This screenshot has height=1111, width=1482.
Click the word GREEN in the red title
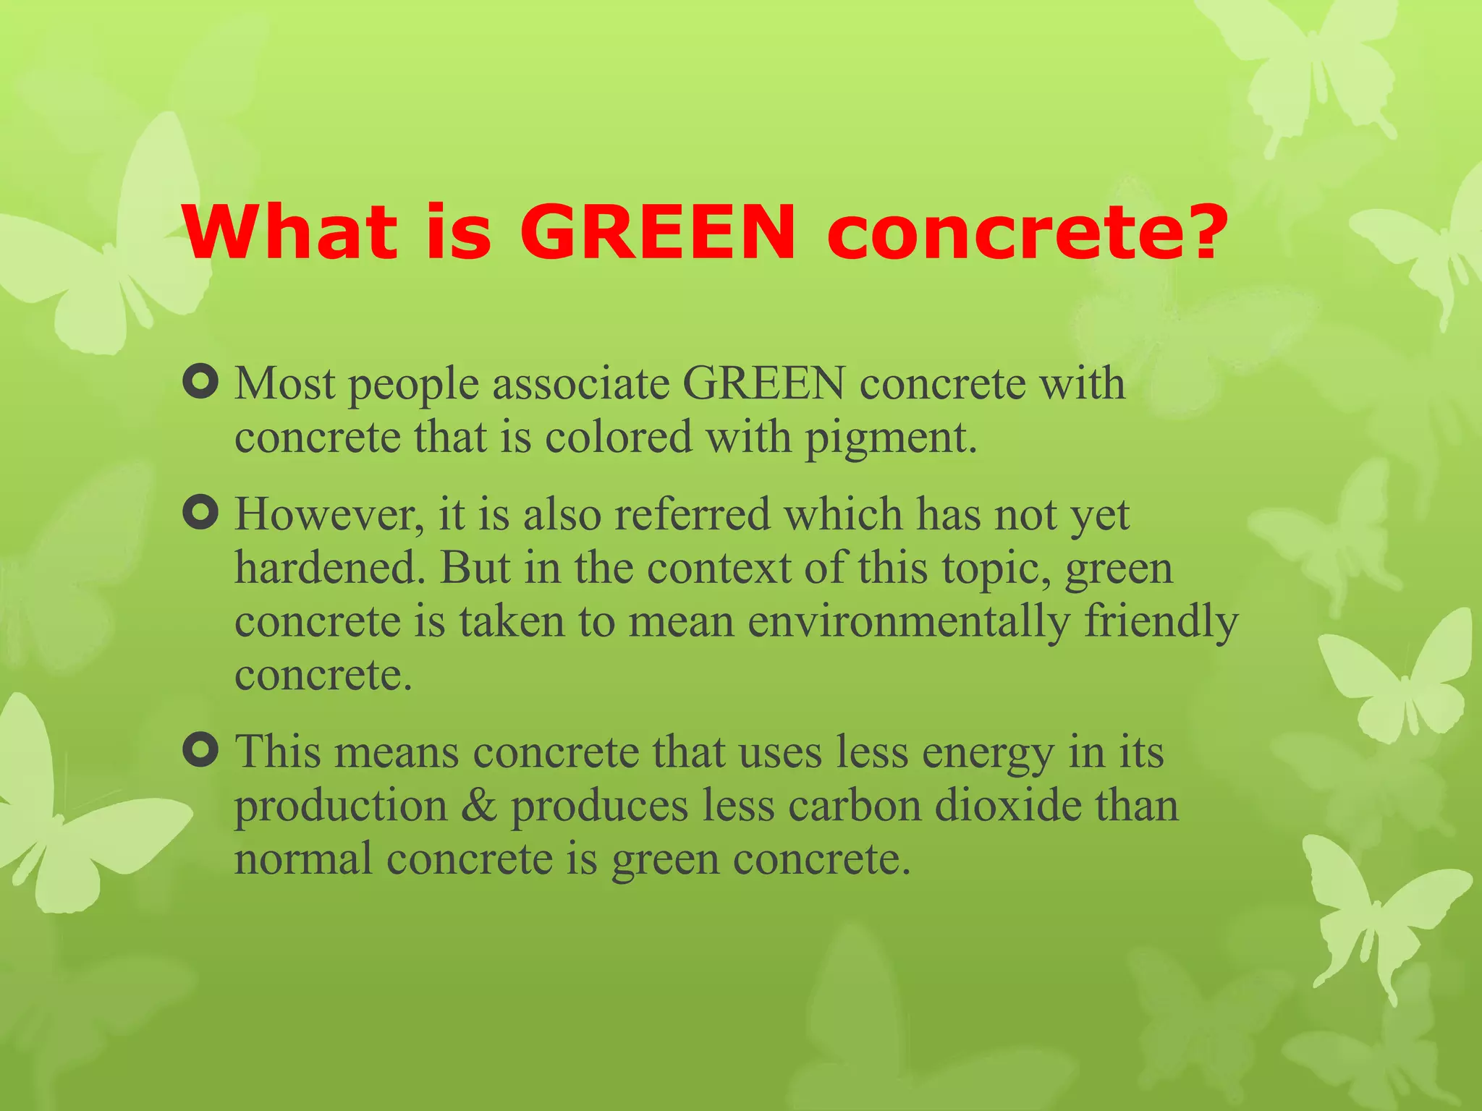[x=658, y=232]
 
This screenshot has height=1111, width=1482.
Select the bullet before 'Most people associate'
[x=200, y=382]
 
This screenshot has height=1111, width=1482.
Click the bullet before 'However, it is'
[x=200, y=514]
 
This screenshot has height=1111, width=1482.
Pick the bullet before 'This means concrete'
[x=200, y=750]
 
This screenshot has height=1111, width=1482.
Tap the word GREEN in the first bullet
[x=763, y=383]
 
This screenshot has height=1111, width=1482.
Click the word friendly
[x=1161, y=622]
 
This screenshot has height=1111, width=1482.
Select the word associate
[x=580, y=383]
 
